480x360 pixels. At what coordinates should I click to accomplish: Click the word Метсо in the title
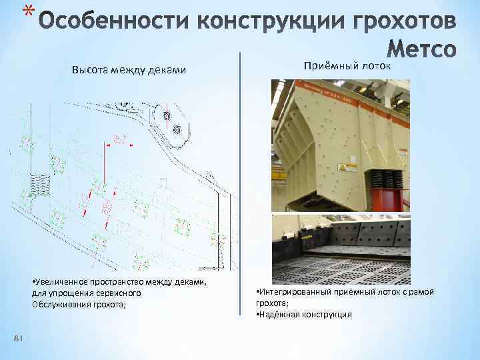coord(422,49)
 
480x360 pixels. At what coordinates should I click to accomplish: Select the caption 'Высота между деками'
coord(129,70)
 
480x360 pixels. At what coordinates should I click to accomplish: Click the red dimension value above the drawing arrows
coord(121,139)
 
